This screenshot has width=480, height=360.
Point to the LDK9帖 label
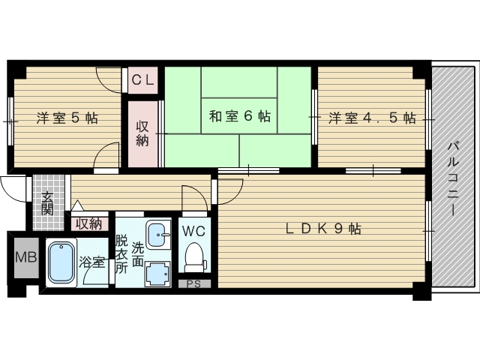tap(323, 229)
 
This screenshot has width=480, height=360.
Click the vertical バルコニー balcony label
tap(454, 178)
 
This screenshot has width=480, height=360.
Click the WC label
tap(194, 230)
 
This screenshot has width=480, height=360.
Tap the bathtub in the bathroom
tap(61, 262)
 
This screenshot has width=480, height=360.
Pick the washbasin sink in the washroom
tap(157, 235)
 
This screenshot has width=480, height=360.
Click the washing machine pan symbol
tap(158, 273)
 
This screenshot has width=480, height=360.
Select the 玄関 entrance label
tap(47, 202)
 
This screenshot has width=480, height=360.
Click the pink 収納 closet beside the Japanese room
tap(142, 133)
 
